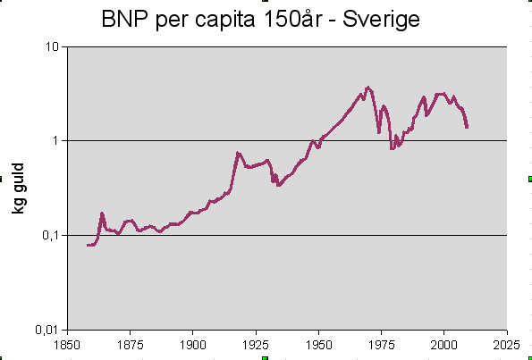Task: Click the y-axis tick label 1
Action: coord(56,140)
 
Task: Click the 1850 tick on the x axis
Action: coord(67,343)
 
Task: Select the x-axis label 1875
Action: coord(130,343)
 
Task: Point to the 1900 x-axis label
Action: coord(192,343)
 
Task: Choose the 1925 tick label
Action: coord(256,343)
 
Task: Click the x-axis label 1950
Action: coord(318,343)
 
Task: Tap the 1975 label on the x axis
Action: coord(382,343)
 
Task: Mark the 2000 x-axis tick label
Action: coord(444,343)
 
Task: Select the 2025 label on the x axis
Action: coord(507,343)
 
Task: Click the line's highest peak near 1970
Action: coord(367,88)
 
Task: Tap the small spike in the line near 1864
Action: coord(102,213)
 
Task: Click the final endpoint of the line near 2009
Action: coord(467,127)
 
